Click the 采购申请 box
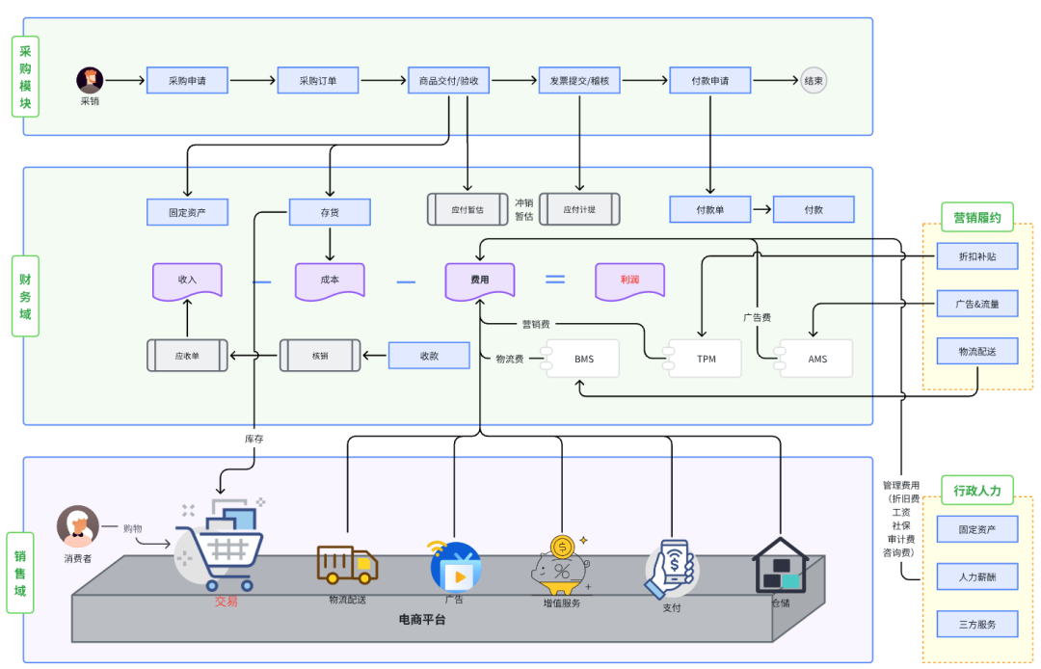(x=187, y=81)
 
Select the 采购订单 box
(x=318, y=81)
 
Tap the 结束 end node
(x=814, y=81)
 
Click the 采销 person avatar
(x=90, y=80)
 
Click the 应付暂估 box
(x=467, y=209)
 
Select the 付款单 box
(x=710, y=209)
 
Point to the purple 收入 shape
(x=187, y=280)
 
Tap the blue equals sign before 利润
(x=555, y=280)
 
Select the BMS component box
(x=583, y=359)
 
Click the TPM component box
(x=706, y=359)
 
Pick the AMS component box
(x=816, y=359)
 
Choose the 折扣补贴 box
(x=977, y=257)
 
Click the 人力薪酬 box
(x=977, y=576)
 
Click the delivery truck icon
(x=347, y=565)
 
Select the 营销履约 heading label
(x=977, y=218)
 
